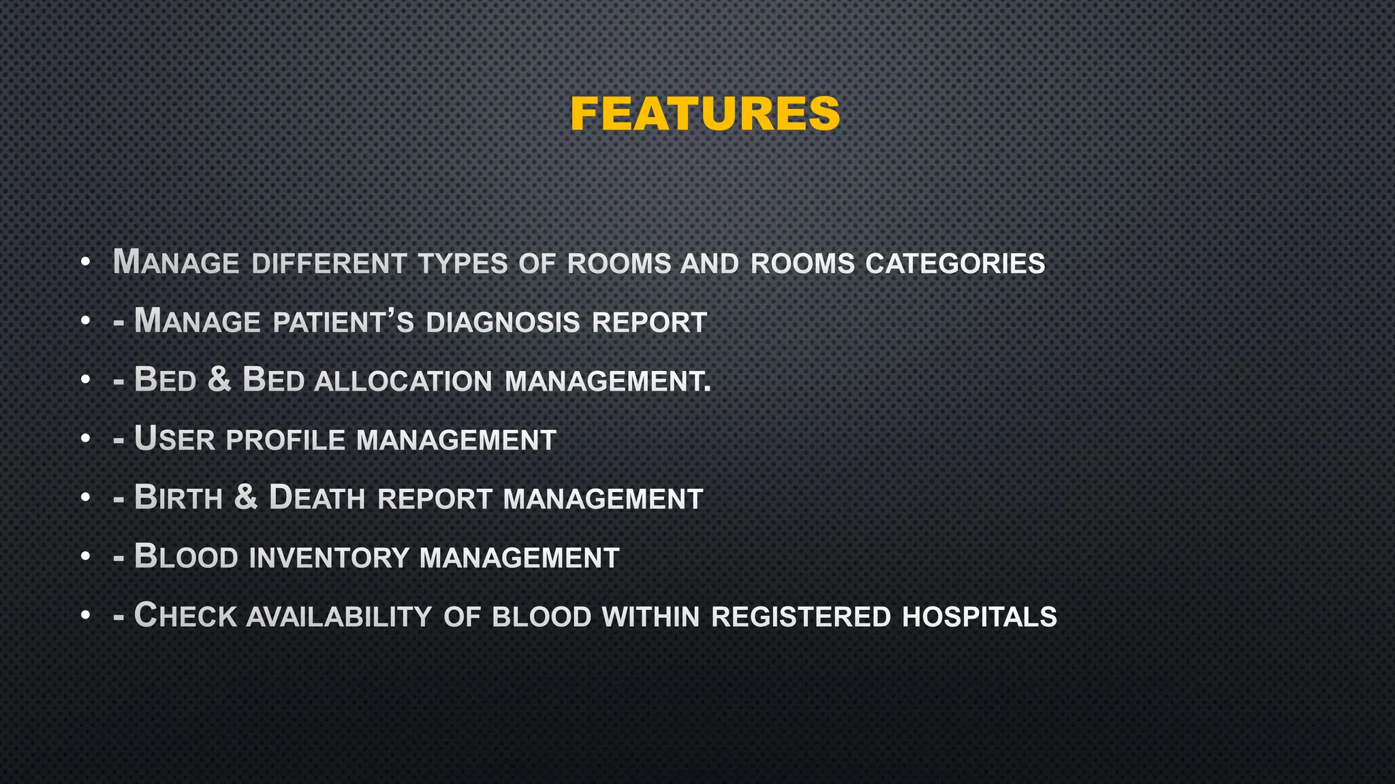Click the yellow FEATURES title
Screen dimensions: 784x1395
click(x=705, y=114)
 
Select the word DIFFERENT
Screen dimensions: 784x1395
click(x=330, y=264)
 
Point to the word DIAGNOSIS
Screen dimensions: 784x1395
click(x=503, y=323)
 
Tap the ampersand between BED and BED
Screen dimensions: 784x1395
click(x=219, y=380)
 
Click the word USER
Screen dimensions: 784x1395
click(x=174, y=439)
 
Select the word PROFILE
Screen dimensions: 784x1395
click(x=285, y=440)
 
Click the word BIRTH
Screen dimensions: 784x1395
click(x=178, y=498)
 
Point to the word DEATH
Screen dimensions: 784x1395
click(x=317, y=498)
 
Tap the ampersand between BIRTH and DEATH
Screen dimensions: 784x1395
click(x=246, y=497)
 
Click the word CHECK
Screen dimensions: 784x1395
click(x=184, y=616)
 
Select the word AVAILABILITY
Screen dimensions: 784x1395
click(x=339, y=617)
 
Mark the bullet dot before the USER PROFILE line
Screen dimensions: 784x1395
click(x=85, y=440)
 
